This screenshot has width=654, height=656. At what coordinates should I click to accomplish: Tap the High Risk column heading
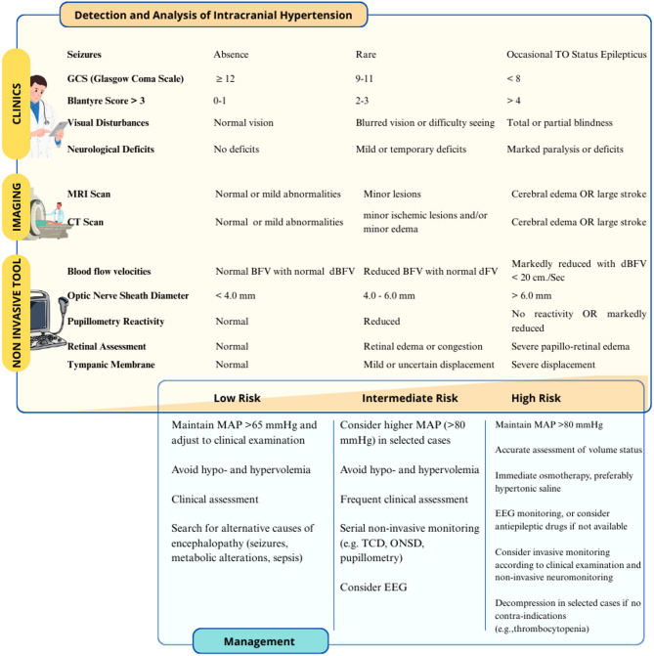(x=544, y=398)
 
